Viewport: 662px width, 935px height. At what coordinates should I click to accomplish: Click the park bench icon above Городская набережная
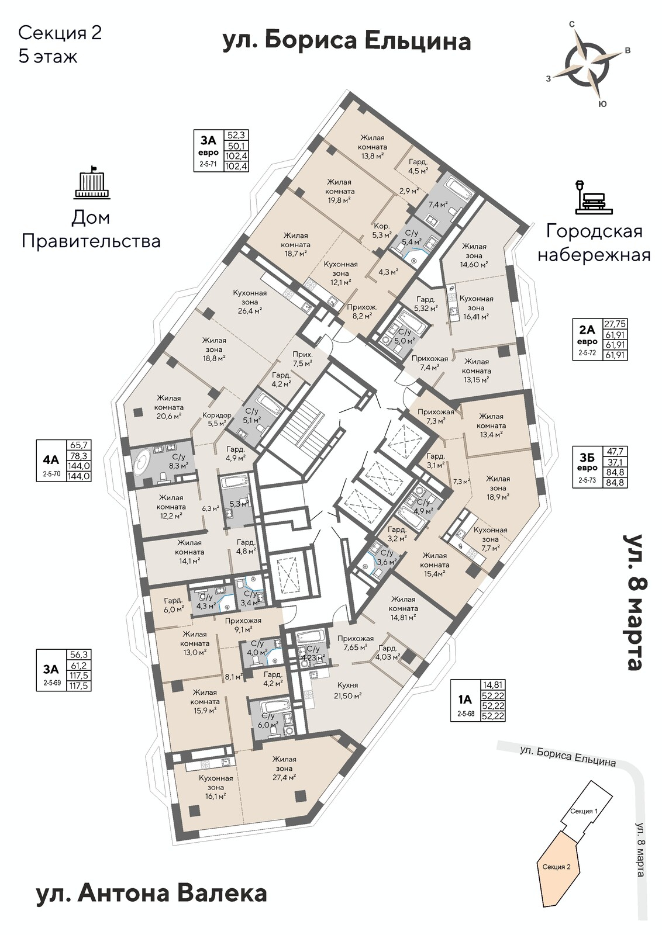593,197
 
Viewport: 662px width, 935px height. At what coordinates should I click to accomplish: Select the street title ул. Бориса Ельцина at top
347,42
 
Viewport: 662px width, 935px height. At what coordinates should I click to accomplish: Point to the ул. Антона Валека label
151,894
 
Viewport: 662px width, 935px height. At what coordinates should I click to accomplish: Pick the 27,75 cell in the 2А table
615,323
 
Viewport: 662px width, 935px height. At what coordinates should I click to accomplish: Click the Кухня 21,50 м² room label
347,690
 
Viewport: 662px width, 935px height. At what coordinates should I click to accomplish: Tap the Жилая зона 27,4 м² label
284,768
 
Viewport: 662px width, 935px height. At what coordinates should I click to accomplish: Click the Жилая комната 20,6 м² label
168,407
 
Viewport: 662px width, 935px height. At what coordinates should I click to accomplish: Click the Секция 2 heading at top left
60,33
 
